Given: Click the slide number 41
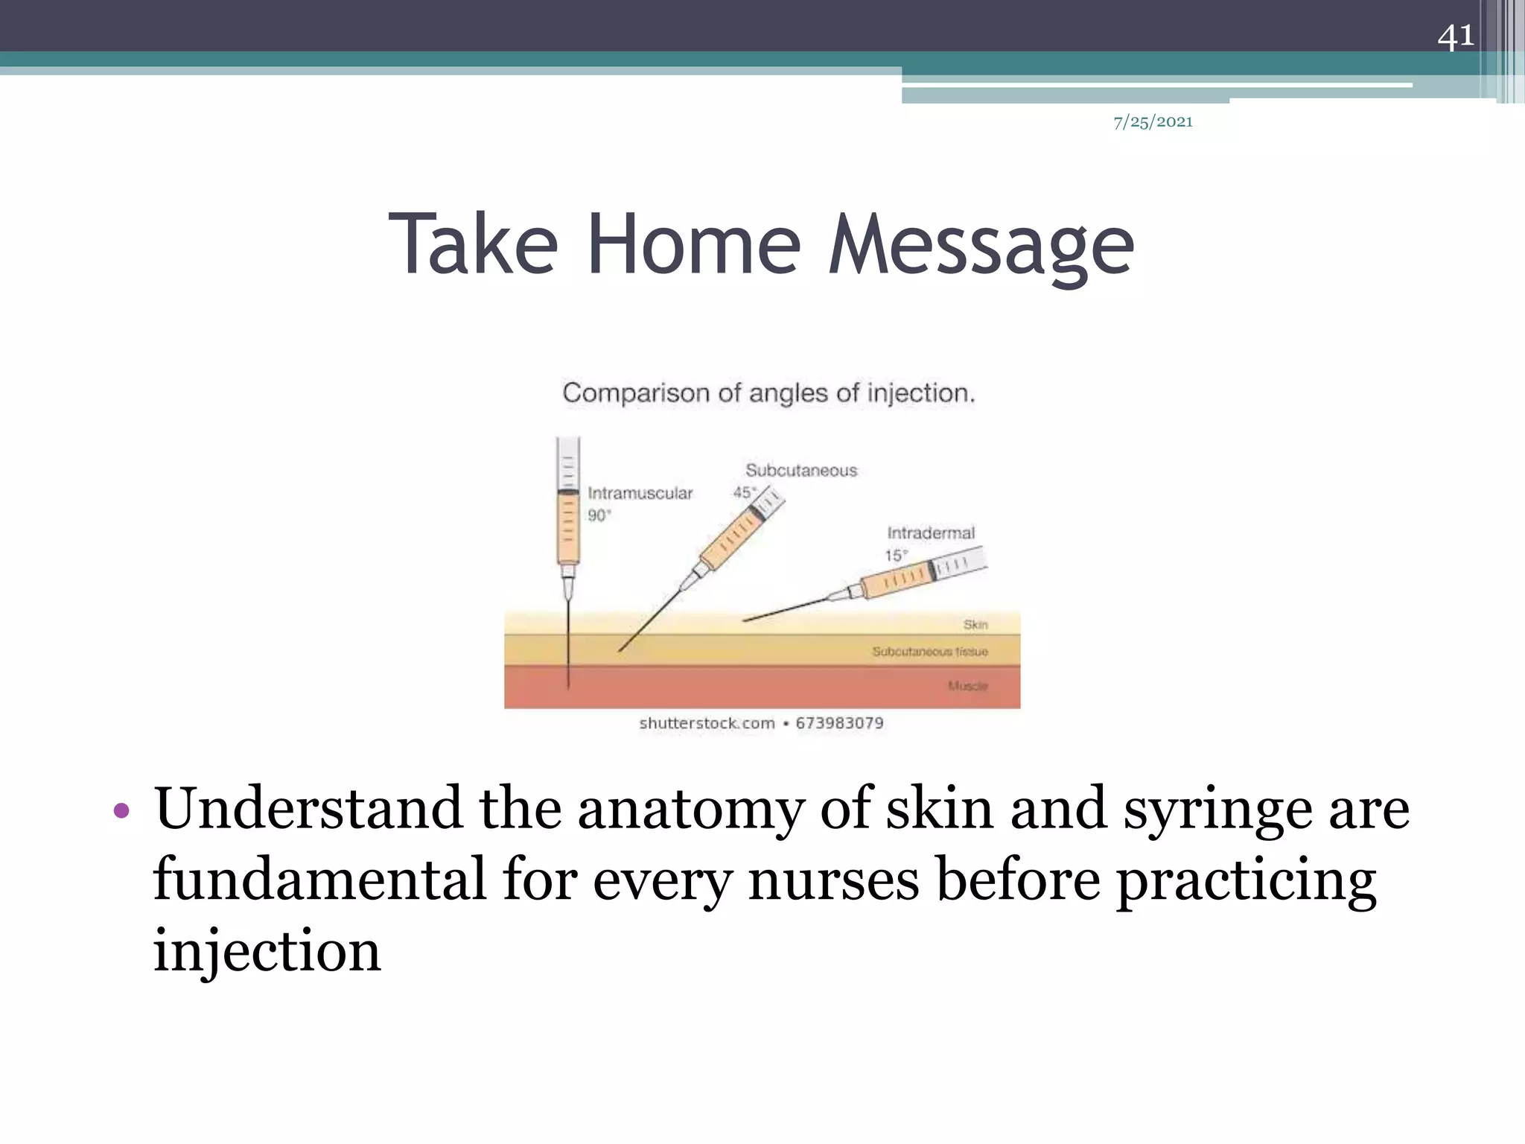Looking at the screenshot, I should coord(1455,36).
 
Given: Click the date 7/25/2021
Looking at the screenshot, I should coord(1153,122).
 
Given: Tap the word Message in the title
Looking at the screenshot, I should coord(981,244).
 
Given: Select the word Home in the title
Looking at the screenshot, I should coord(694,244).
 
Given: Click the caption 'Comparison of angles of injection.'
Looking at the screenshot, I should coord(768,393).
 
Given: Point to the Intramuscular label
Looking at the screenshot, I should coord(640,493).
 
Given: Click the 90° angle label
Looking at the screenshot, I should coord(599,515).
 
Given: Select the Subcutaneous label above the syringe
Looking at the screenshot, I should coord(801,471).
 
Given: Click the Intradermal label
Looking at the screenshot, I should coord(930,533).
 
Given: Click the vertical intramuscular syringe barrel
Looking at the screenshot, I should coord(568,525).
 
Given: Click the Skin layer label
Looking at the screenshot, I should coord(975,624).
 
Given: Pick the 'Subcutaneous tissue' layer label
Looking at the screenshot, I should coord(929,652).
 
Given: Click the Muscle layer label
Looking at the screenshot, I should coord(967,685).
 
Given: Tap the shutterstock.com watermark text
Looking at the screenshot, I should coord(706,723).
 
